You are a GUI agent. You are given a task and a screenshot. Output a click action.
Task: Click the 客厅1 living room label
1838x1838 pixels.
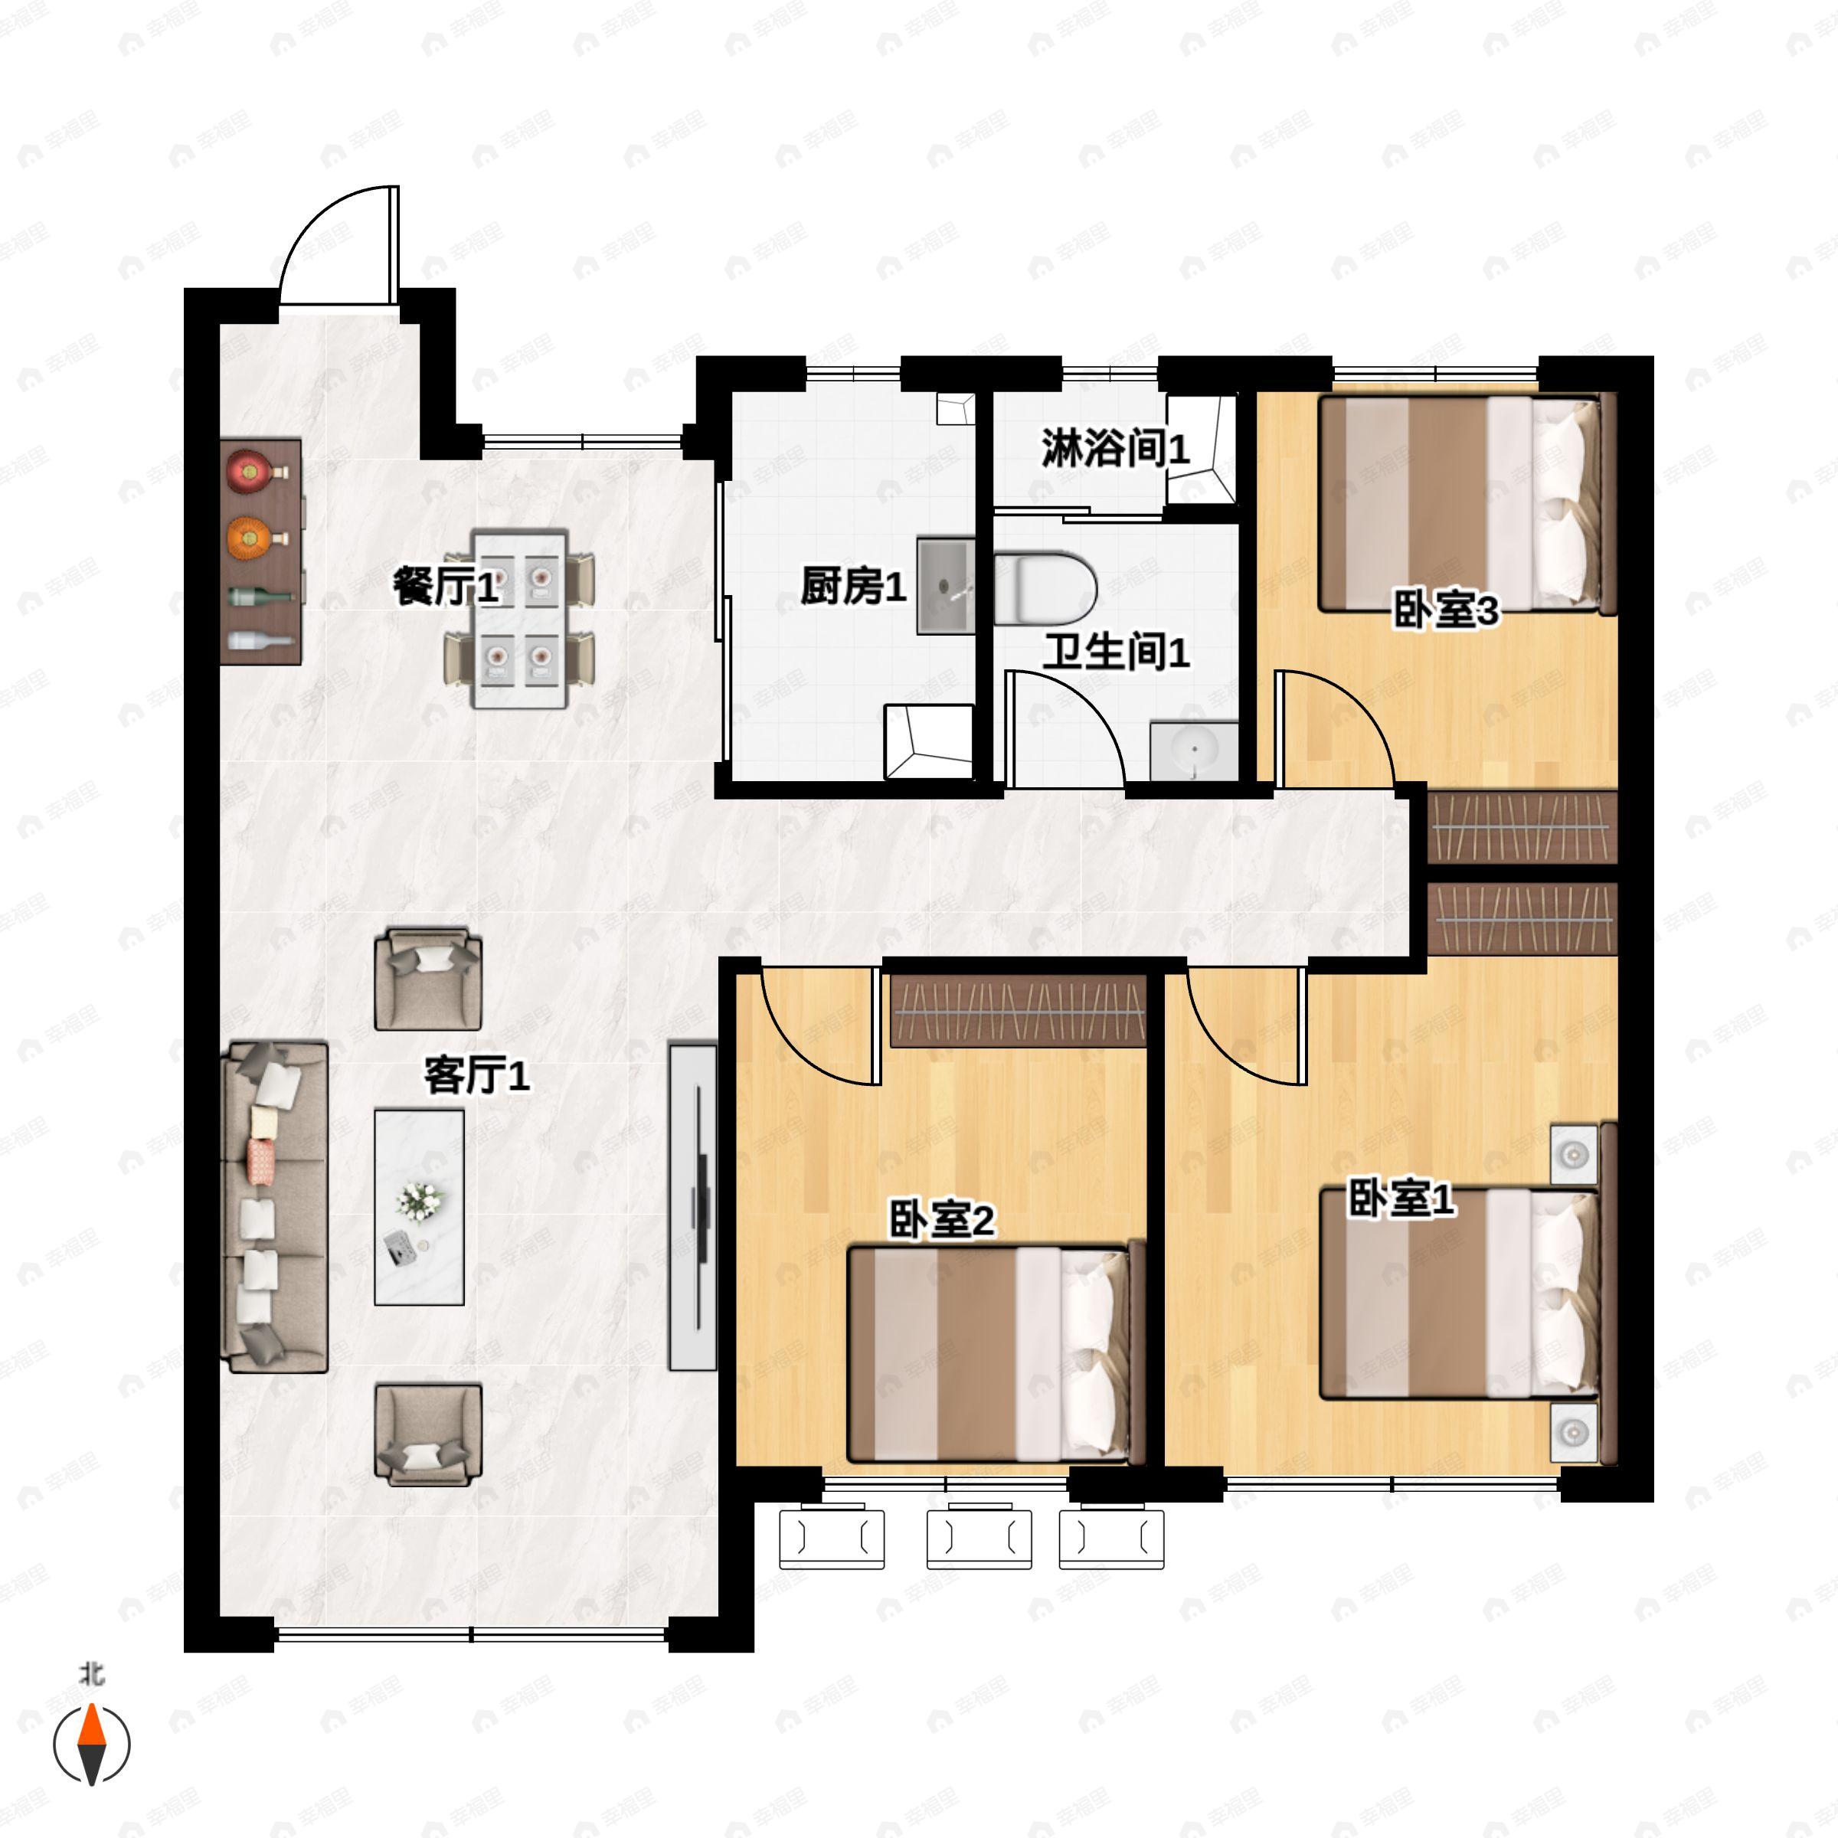coord(476,1077)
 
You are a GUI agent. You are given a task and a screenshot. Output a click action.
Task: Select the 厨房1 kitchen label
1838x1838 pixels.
coord(853,586)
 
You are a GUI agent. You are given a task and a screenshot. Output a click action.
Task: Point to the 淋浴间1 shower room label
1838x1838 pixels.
coord(1116,447)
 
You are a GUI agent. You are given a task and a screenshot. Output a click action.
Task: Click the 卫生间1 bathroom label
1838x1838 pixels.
coord(1117,652)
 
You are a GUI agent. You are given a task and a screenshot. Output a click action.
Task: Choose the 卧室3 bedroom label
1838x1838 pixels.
coord(1446,610)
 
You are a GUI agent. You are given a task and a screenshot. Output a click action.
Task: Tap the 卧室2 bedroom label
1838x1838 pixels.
coord(942,1220)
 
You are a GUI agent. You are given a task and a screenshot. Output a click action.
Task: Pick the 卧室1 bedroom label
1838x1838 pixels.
coord(1402,1198)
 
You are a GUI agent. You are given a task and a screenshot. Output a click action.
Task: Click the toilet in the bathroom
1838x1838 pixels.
coord(1045,587)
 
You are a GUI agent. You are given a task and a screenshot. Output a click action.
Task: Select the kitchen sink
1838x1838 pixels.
coord(946,586)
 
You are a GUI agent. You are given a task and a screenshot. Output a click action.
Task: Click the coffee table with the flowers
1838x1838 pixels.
coord(420,1206)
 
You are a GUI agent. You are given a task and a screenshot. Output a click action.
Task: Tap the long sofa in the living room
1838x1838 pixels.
coord(275,1206)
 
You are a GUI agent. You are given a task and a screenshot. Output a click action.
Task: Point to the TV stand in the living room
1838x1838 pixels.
coord(692,1206)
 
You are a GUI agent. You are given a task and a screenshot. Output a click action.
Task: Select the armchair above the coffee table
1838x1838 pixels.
coord(428,979)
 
